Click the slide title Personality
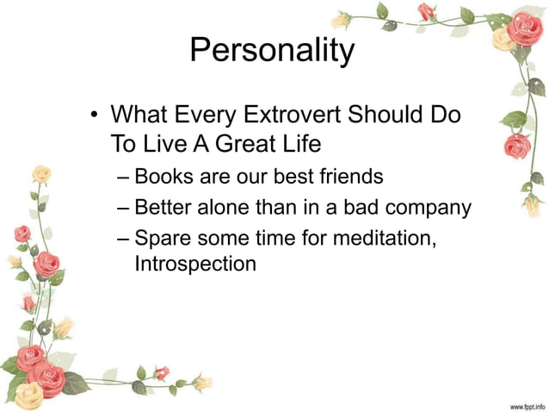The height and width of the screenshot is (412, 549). pos(271,51)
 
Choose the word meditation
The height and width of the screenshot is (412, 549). pos(384,236)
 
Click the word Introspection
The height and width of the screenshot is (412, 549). pos(195,264)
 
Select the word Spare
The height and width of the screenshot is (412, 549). pos(163,236)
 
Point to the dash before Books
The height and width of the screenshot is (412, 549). pos(123,178)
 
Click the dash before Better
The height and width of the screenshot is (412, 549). pos(123,208)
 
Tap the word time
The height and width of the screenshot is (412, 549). pos(274,236)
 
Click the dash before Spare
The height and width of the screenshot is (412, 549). pos(123,237)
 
